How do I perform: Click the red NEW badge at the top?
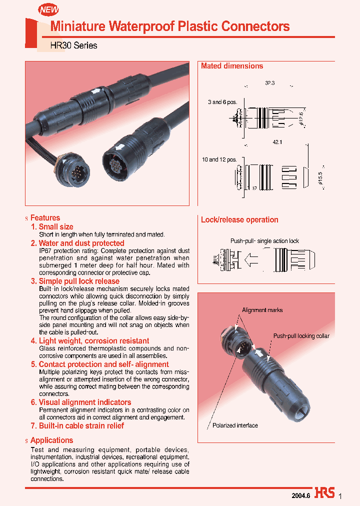point(48,9)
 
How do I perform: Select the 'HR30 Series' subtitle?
point(74,45)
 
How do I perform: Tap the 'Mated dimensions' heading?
point(232,66)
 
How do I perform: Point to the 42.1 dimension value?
point(277,142)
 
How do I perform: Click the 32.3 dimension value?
point(270,83)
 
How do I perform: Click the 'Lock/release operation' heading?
point(239,219)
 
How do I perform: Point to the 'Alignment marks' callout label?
point(262,310)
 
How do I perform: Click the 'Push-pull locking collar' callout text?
point(301,336)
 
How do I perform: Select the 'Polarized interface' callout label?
point(235,425)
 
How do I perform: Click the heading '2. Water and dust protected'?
point(77,243)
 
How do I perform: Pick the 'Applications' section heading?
point(51,440)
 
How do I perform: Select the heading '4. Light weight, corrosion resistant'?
point(90,340)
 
